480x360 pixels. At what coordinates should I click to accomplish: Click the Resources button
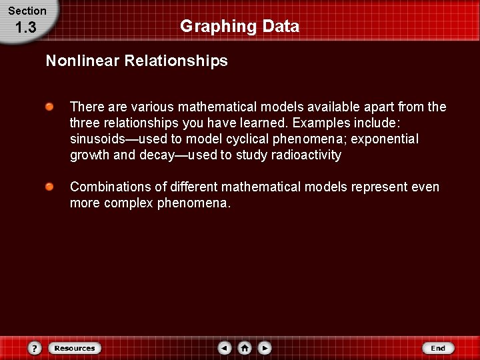74,348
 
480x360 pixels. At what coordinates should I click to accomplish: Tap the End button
437,348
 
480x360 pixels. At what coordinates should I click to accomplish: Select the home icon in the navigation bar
245,348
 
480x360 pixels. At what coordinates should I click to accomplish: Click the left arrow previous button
225,348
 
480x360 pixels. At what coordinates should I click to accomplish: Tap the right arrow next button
265,348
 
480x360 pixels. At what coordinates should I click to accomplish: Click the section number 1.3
25,28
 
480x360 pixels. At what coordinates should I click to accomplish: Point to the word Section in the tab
27,11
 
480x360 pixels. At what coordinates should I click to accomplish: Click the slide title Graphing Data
239,27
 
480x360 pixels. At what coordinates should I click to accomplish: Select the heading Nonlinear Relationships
137,61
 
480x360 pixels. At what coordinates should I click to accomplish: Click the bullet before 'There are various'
50,107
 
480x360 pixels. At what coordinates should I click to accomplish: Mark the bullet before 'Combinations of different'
50,187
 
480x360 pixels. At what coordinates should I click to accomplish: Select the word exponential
387,139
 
